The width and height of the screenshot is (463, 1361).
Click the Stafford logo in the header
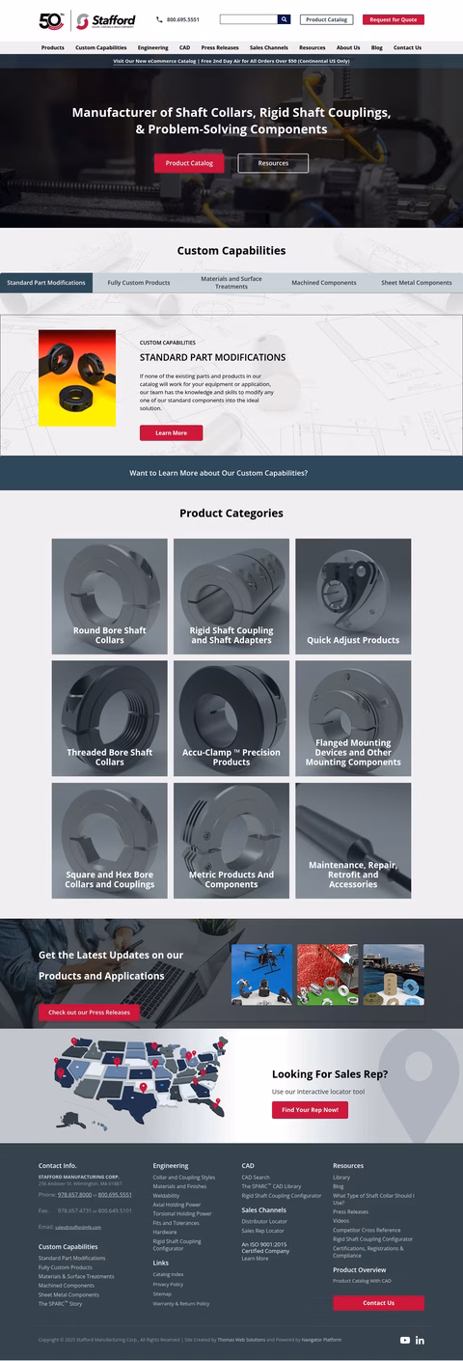coord(105,20)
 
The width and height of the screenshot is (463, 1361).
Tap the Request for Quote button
coord(393,19)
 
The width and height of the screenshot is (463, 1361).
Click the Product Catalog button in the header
coord(326,19)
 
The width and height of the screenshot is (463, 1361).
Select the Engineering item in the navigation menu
coord(152,47)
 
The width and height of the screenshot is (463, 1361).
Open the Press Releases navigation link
coord(220,47)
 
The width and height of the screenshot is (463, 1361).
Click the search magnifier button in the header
coord(284,19)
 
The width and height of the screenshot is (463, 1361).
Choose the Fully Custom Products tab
coord(139,283)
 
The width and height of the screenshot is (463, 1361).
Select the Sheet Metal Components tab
coord(416,283)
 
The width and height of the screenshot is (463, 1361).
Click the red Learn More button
coord(171,432)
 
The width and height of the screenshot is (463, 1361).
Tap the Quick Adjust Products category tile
coord(353,597)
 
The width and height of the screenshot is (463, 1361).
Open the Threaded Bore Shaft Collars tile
coord(109,718)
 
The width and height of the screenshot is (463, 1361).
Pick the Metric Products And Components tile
coord(231,841)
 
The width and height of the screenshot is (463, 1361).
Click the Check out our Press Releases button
coord(89,1012)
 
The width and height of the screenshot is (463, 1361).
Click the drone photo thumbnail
coord(261,974)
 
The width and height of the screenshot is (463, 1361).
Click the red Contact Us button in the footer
coord(378,1302)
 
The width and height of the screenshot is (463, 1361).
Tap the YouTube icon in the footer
coord(405,1340)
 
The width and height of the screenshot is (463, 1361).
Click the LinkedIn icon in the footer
coord(421,1340)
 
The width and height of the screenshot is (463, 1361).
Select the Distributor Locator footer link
coord(264,1221)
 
